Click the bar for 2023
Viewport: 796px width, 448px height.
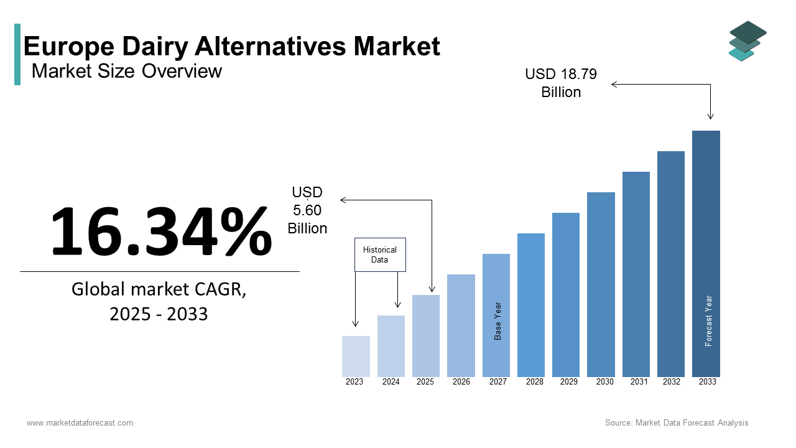(356, 357)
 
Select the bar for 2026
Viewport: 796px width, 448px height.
(461, 325)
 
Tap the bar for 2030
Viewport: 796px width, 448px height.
(601, 284)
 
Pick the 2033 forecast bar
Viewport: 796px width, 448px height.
(706, 254)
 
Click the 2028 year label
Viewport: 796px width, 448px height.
(534, 381)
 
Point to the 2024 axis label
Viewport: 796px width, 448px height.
(391, 381)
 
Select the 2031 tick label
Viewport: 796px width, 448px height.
(639, 381)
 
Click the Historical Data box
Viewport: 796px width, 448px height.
(380, 254)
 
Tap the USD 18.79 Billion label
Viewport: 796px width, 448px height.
(561, 83)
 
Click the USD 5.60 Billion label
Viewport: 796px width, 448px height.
(307, 210)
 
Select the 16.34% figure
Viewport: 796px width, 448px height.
(162, 231)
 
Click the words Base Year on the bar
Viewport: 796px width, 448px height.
(497, 321)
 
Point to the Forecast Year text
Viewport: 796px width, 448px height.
(708, 320)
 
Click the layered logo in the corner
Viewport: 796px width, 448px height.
(747, 41)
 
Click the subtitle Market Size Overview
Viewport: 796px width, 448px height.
(126, 71)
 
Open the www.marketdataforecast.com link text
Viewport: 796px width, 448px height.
(80, 422)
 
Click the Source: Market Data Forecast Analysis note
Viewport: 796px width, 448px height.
(677, 422)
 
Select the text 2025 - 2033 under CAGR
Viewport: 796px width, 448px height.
(159, 314)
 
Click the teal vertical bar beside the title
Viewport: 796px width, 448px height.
(17, 54)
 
